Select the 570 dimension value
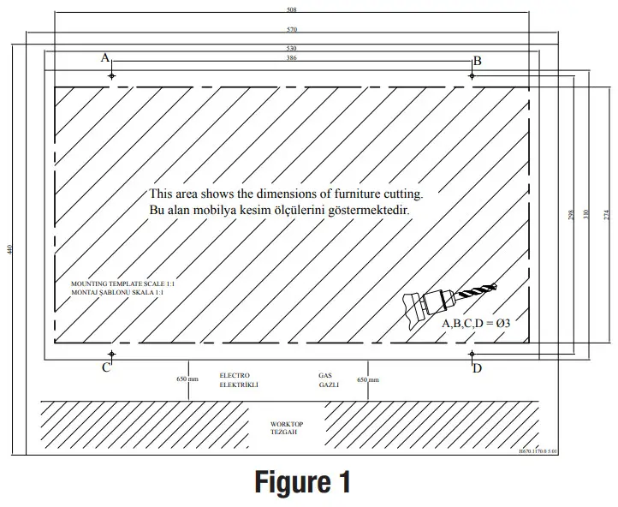click(292, 29)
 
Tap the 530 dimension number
click(292, 49)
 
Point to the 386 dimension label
click(292, 58)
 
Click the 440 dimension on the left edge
click(9, 249)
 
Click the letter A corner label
click(105, 58)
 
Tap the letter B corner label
click(478, 60)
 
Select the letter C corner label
click(105, 368)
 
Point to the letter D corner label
click(478, 368)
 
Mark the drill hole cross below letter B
click(472, 75)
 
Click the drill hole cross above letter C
click(111, 353)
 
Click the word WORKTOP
click(286, 424)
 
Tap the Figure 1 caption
click(303, 482)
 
